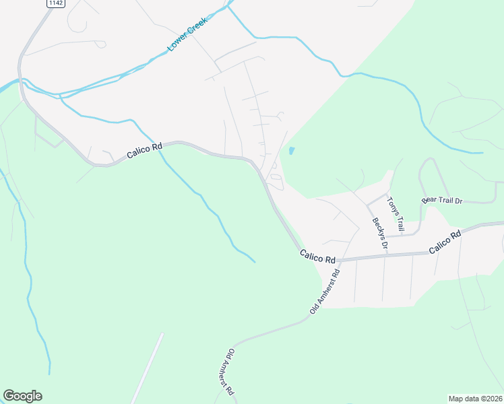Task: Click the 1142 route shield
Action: tap(55, 3)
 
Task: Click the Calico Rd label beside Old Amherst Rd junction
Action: tap(317, 256)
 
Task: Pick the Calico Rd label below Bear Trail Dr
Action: tap(445, 242)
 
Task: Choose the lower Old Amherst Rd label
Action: tap(230, 372)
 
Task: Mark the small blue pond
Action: tap(291, 151)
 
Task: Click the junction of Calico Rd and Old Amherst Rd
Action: tap(339, 259)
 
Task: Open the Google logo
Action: tap(22, 396)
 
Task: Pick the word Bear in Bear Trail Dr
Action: tap(429, 201)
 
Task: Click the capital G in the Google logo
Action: tap(9, 396)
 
